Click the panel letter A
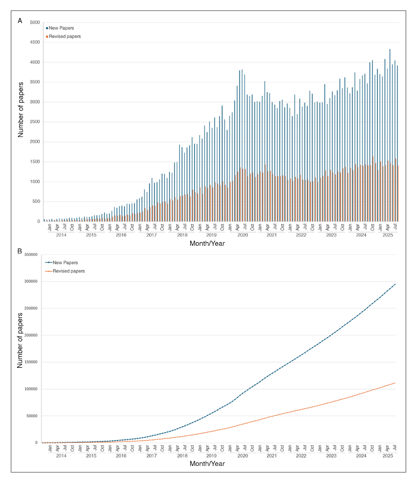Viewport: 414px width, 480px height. click(x=20, y=20)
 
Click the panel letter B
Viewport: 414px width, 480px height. click(x=20, y=252)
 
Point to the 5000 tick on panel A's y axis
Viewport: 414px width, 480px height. click(x=34, y=23)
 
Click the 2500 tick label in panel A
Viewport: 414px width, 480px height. click(x=34, y=122)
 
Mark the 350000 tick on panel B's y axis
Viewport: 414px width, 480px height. click(x=31, y=255)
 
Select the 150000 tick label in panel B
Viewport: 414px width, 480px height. click(x=31, y=362)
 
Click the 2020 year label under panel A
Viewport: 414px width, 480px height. click(x=242, y=235)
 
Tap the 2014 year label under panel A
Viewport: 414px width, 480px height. click(x=61, y=235)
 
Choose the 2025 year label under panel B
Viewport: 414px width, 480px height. click(x=388, y=456)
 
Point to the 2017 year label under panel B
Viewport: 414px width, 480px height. click(x=152, y=456)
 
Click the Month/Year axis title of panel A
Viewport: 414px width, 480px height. click(x=207, y=244)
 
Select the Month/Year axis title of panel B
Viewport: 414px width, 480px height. click(x=207, y=464)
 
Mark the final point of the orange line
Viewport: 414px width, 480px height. click(x=395, y=383)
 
